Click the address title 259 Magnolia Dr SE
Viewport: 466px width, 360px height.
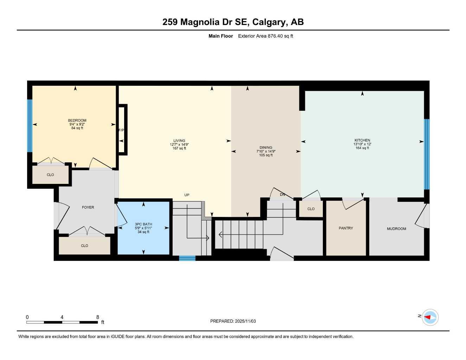pyautogui.click(x=233, y=22)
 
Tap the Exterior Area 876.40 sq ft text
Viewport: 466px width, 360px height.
pyautogui.click(x=266, y=36)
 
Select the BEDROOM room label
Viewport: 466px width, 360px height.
pyautogui.click(x=77, y=121)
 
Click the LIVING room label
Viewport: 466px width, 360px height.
pyautogui.click(x=179, y=141)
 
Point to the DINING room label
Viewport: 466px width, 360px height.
pyautogui.click(x=266, y=148)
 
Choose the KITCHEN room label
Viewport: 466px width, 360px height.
pyautogui.click(x=362, y=140)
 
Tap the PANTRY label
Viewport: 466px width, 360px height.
pyautogui.click(x=346, y=228)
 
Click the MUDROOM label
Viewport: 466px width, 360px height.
pyautogui.click(x=396, y=229)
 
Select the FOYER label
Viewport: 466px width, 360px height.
pyautogui.click(x=88, y=207)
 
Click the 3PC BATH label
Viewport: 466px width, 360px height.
pyautogui.click(x=143, y=224)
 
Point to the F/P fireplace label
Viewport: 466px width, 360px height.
pyautogui.click(x=121, y=130)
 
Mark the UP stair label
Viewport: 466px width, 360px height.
pyautogui.click(x=187, y=195)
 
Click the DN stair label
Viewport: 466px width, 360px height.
pyautogui.click(x=282, y=194)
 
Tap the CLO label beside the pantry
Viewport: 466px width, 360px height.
pyautogui.click(x=311, y=209)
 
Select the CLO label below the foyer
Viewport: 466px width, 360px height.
pyautogui.click(x=84, y=246)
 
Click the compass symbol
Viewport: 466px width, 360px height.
pyautogui.click(x=430, y=317)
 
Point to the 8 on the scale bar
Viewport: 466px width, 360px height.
pyautogui.click(x=97, y=317)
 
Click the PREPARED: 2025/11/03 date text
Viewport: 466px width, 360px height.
pyautogui.click(x=233, y=321)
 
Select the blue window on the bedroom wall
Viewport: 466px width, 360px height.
pyautogui.click(x=30, y=126)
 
